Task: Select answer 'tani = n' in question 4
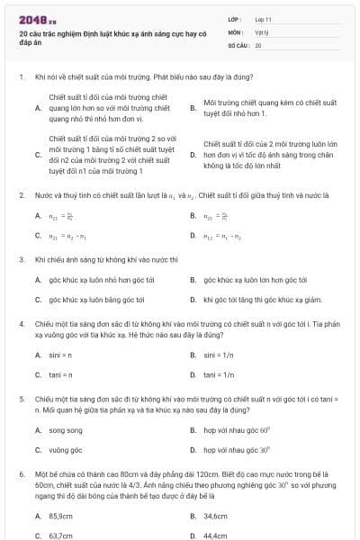coord(60,374)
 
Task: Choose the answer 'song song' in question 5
coord(65,430)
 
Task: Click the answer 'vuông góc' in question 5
coord(66,450)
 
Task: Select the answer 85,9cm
coord(60,516)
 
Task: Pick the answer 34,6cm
coord(215,516)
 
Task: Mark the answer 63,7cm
coord(60,535)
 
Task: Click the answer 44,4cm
coord(215,535)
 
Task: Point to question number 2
coord(21,194)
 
